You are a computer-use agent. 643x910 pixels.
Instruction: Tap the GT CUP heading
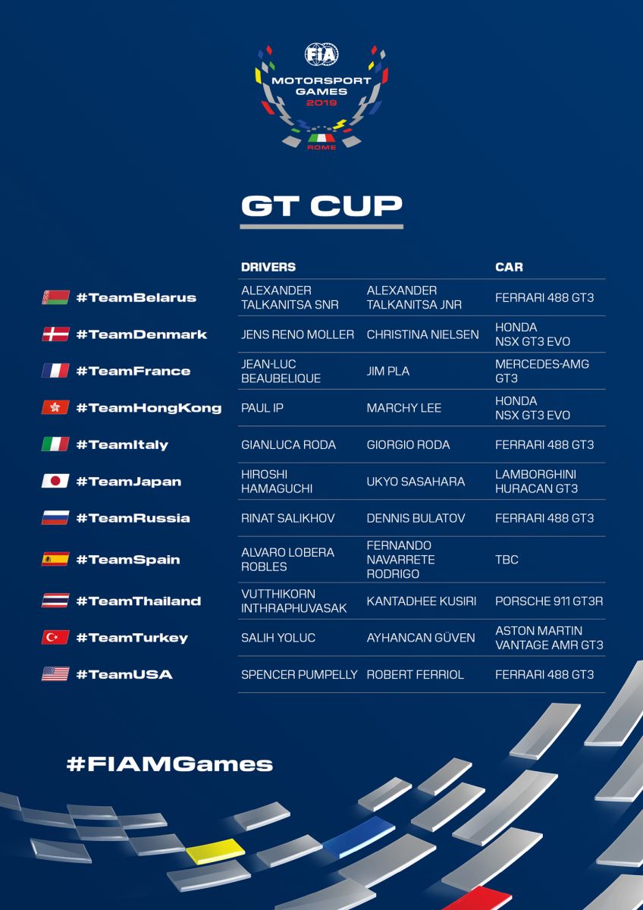point(321,206)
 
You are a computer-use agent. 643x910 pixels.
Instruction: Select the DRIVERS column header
point(268,267)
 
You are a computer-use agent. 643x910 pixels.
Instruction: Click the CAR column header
point(509,267)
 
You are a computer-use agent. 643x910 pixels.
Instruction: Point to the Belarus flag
point(55,297)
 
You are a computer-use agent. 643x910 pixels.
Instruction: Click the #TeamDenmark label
point(141,334)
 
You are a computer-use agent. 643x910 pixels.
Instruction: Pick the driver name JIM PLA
point(387,371)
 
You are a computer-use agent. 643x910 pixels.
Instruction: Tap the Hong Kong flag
point(55,408)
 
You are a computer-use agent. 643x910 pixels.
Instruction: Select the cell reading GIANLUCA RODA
point(288,444)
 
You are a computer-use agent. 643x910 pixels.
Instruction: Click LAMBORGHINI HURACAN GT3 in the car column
point(536,482)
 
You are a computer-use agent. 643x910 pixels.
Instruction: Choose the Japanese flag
point(55,482)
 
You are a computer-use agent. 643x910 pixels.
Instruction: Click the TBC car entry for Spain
point(507,560)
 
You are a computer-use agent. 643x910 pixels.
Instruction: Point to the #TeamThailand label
point(138,601)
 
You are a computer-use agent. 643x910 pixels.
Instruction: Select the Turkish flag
point(55,638)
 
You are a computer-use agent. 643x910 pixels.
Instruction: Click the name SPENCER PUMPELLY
point(299,674)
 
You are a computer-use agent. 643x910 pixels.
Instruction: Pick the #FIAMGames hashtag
point(169,763)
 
